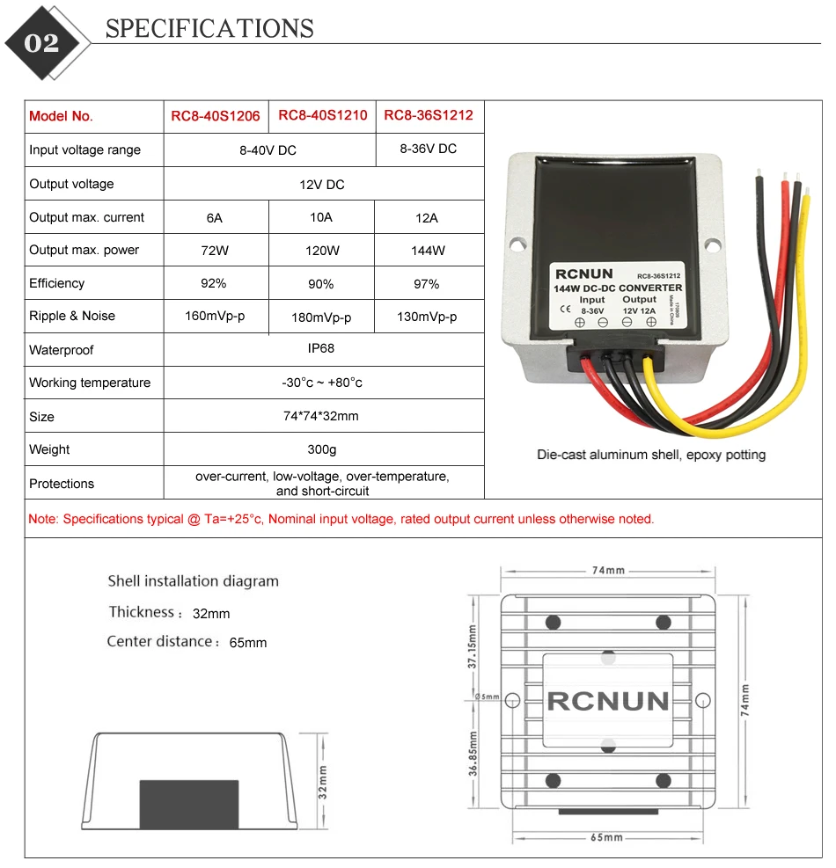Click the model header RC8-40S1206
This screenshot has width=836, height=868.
(215, 116)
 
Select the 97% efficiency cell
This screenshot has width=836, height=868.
(427, 284)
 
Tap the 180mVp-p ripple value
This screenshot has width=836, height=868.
(321, 317)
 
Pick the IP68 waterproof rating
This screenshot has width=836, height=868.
(321, 348)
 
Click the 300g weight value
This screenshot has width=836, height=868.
(322, 449)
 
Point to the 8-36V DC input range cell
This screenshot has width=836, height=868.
(429, 149)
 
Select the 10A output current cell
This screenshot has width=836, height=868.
(321, 217)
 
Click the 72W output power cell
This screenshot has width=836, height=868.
(215, 251)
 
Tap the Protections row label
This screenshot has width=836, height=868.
(62, 484)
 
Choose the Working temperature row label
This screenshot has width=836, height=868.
(90, 383)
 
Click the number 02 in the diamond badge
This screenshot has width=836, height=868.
(41, 43)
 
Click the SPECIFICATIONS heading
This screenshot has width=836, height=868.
(209, 28)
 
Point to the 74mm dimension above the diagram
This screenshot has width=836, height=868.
(608, 570)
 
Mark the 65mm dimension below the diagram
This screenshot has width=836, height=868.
(606, 837)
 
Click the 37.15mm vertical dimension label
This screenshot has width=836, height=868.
(472, 646)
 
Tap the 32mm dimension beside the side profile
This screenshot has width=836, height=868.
(323, 782)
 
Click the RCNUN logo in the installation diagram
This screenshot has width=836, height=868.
(608, 701)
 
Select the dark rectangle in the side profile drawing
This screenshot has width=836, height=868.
(189, 805)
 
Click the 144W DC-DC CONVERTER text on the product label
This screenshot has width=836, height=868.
(618, 288)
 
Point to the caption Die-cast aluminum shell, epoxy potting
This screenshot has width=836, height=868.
(651, 455)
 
